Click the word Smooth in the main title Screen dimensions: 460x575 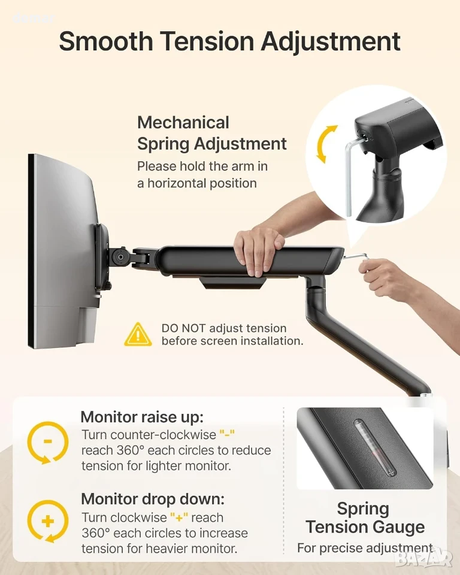(x=105, y=41)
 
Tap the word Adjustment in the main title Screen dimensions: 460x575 (x=331, y=41)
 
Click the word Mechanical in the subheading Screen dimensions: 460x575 (x=183, y=122)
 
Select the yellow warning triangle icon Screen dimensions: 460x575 (x=138, y=334)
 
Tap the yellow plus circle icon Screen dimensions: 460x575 (x=48, y=520)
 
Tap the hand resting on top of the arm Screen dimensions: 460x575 (x=259, y=250)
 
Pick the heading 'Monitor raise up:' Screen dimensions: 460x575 (x=142, y=417)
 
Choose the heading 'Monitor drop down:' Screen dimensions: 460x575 (x=153, y=499)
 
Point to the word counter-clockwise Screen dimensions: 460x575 (x=149, y=435)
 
